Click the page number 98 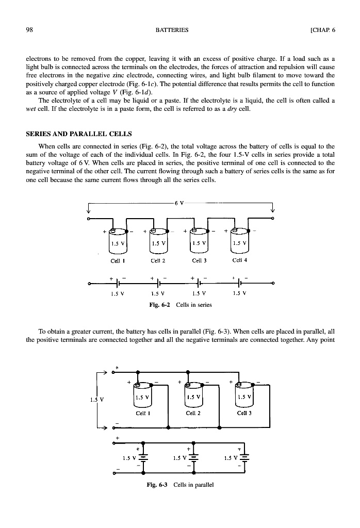(30, 30)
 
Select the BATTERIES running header (172, 30)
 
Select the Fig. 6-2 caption (180, 305)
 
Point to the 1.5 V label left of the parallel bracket (93, 398)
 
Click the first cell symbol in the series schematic (118, 283)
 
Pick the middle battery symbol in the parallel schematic (193, 456)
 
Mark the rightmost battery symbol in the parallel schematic (244, 456)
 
